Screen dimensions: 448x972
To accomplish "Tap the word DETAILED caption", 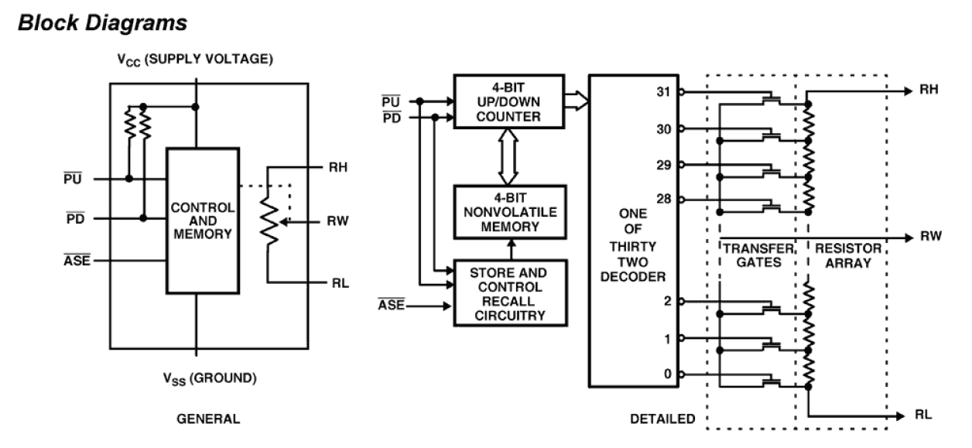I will point(662,419).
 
